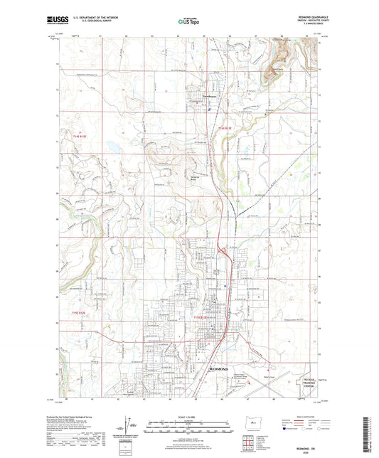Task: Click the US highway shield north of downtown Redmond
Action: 222,272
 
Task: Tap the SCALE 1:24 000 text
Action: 188,416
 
